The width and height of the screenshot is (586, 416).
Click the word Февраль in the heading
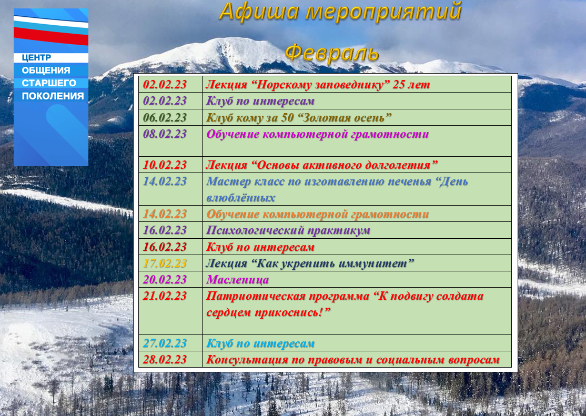point(332,53)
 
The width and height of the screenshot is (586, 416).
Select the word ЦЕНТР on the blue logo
point(36,57)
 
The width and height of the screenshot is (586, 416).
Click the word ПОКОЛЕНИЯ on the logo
point(53,96)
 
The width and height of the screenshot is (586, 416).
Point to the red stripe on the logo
point(51,36)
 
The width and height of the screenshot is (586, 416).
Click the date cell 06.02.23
point(165,117)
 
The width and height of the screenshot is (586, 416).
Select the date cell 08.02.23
point(165,134)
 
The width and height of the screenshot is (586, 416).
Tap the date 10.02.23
point(165,165)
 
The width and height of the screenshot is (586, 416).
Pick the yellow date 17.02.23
point(165,263)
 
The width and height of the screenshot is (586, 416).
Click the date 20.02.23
point(165,280)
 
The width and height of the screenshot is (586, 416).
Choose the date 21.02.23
point(165,296)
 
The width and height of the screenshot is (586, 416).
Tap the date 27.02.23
point(165,343)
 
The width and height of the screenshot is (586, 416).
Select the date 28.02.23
point(165,360)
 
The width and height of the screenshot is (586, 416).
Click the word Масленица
point(238,280)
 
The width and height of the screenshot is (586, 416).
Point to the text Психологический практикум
point(288,230)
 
